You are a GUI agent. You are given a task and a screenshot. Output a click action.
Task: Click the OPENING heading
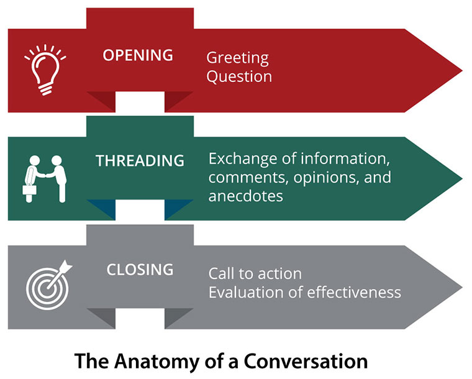pos(137,54)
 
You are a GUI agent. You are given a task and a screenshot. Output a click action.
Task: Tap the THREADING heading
pos(140,160)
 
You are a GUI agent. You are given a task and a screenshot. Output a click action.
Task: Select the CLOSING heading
pos(140,270)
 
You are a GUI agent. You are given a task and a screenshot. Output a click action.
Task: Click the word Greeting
pos(237,59)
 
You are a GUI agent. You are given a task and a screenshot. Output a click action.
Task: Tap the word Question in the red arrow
pos(239,77)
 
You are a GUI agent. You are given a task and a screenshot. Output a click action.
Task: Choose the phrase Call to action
pos(255,273)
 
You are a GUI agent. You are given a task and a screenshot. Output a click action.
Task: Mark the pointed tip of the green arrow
pos(460,178)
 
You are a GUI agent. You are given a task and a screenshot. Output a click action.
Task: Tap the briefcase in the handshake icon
pos(28,189)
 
